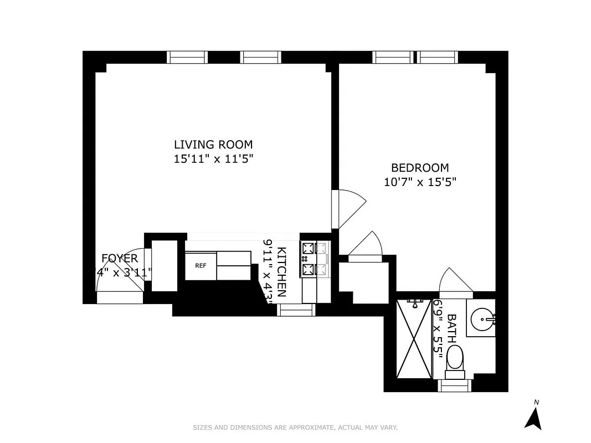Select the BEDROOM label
point(420,168)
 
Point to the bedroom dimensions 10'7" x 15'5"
point(420,181)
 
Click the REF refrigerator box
point(201,265)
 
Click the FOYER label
point(119,258)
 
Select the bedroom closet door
point(364,246)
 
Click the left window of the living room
point(188,57)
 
